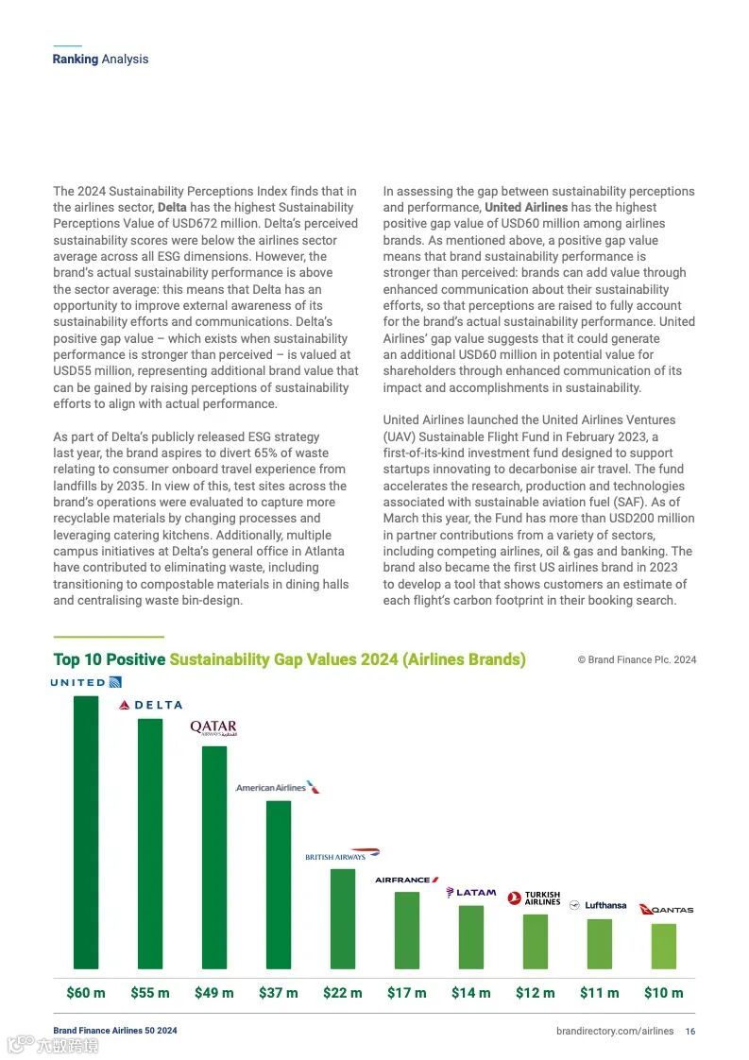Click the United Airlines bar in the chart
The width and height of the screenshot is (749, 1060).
(86, 831)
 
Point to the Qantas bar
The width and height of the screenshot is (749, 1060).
(664, 946)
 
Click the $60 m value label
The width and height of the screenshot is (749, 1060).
(86, 993)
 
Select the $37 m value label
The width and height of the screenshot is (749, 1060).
(279, 993)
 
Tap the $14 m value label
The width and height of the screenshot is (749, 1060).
(471, 993)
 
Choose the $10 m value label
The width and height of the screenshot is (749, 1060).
(664, 993)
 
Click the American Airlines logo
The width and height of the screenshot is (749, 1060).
(278, 787)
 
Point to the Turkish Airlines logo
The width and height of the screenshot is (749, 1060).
(535, 898)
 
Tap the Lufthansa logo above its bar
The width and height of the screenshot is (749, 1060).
(598, 905)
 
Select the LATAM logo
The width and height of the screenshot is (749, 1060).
(471, 892)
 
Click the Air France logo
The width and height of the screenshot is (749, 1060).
(407, 880)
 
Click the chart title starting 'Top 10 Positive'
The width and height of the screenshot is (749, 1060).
(289, 659)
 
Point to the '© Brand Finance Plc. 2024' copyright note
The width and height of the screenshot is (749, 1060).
(637, 659)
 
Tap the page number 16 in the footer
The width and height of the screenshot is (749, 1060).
(690, 1031)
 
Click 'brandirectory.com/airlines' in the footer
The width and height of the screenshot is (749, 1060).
(615, 1031)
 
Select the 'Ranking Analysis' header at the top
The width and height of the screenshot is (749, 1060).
(100, 59)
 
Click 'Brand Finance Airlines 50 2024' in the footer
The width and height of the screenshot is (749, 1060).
(114, 1031)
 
